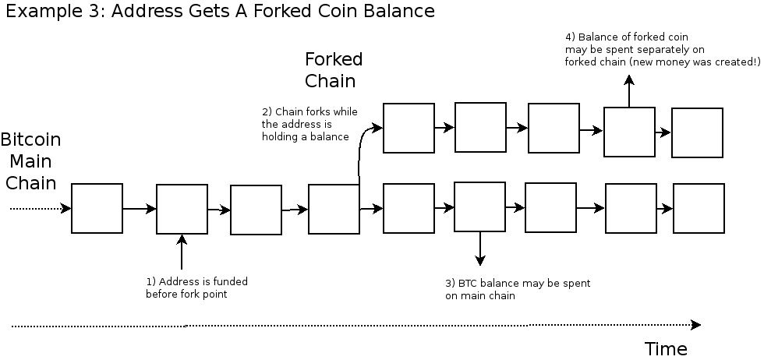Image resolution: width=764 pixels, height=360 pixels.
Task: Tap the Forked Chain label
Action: click(x=334, y=70)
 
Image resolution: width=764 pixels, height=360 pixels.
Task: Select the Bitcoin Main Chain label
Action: click(x=30, y=161)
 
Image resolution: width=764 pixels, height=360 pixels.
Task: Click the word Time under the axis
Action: click(x=666, y=348)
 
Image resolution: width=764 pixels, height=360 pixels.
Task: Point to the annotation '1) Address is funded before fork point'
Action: click(x=196, y=288)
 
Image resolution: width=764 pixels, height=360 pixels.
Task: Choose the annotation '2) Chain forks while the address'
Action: click(x=309, y=125)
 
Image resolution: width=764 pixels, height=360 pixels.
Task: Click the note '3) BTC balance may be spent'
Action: click(x=517, y=289)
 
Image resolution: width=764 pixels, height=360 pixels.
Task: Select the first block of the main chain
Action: click(x=97, y=208)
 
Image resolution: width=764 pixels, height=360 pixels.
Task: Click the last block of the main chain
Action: click(x=699, y=208)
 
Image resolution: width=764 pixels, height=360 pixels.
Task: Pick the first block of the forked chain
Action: click(x=409, y=128)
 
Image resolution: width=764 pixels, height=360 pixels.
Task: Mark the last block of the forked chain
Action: click(x=697, y=132)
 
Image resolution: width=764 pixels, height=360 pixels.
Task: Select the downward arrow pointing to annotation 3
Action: click(x=480, y=249)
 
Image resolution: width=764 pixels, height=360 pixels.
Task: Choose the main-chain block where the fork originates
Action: click(x=334, y=209)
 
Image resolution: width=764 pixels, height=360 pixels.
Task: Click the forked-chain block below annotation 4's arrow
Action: click(x=629, y=132)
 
